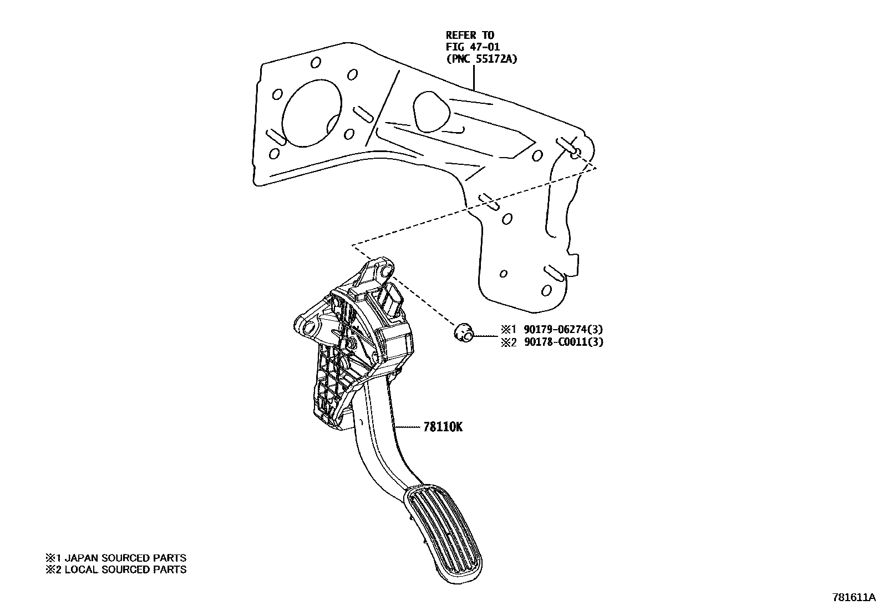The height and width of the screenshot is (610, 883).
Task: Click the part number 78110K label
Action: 443,427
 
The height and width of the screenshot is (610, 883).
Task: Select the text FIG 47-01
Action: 473,47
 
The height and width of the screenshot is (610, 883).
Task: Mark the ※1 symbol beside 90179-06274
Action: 509,330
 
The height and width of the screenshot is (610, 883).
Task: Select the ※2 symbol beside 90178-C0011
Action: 509,342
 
